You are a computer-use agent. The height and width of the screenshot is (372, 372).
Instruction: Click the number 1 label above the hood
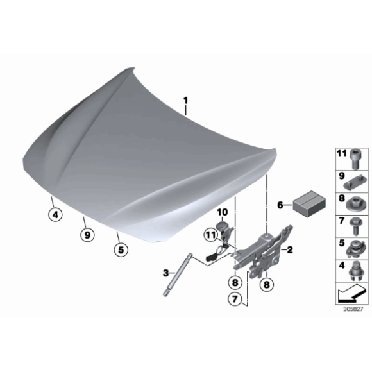tap(186, 101)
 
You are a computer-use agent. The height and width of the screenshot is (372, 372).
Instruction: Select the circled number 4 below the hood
tap(55, 215)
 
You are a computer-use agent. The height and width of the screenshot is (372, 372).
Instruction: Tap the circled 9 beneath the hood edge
tap(87, 235)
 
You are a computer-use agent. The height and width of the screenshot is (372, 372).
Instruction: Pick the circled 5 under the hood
tap(121, 249)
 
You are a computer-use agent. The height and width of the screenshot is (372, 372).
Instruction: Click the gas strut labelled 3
tap(178, 275)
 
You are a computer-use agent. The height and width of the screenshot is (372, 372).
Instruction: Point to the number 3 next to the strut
tap(165, 273)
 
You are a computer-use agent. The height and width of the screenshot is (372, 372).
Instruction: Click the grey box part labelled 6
tap(309, 204)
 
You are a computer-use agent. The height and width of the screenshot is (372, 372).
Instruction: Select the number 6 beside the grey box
tap(280, 205)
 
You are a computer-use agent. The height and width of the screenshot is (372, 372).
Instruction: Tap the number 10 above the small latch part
tap(223, 212)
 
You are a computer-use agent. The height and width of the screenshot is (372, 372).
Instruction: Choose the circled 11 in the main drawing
tap(211, 235)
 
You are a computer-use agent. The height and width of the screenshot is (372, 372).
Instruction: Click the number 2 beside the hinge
tap(290, 249)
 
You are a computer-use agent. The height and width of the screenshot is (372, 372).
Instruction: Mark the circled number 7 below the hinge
tap(235, 299)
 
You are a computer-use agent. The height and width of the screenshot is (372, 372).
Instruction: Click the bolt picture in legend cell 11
tap(355, 159)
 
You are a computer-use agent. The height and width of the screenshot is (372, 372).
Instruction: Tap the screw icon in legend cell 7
tap(355, 226)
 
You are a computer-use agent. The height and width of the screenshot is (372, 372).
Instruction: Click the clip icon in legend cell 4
tap(355, 271)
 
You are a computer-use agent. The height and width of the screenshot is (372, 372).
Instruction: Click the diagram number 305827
tap(353, 309)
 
